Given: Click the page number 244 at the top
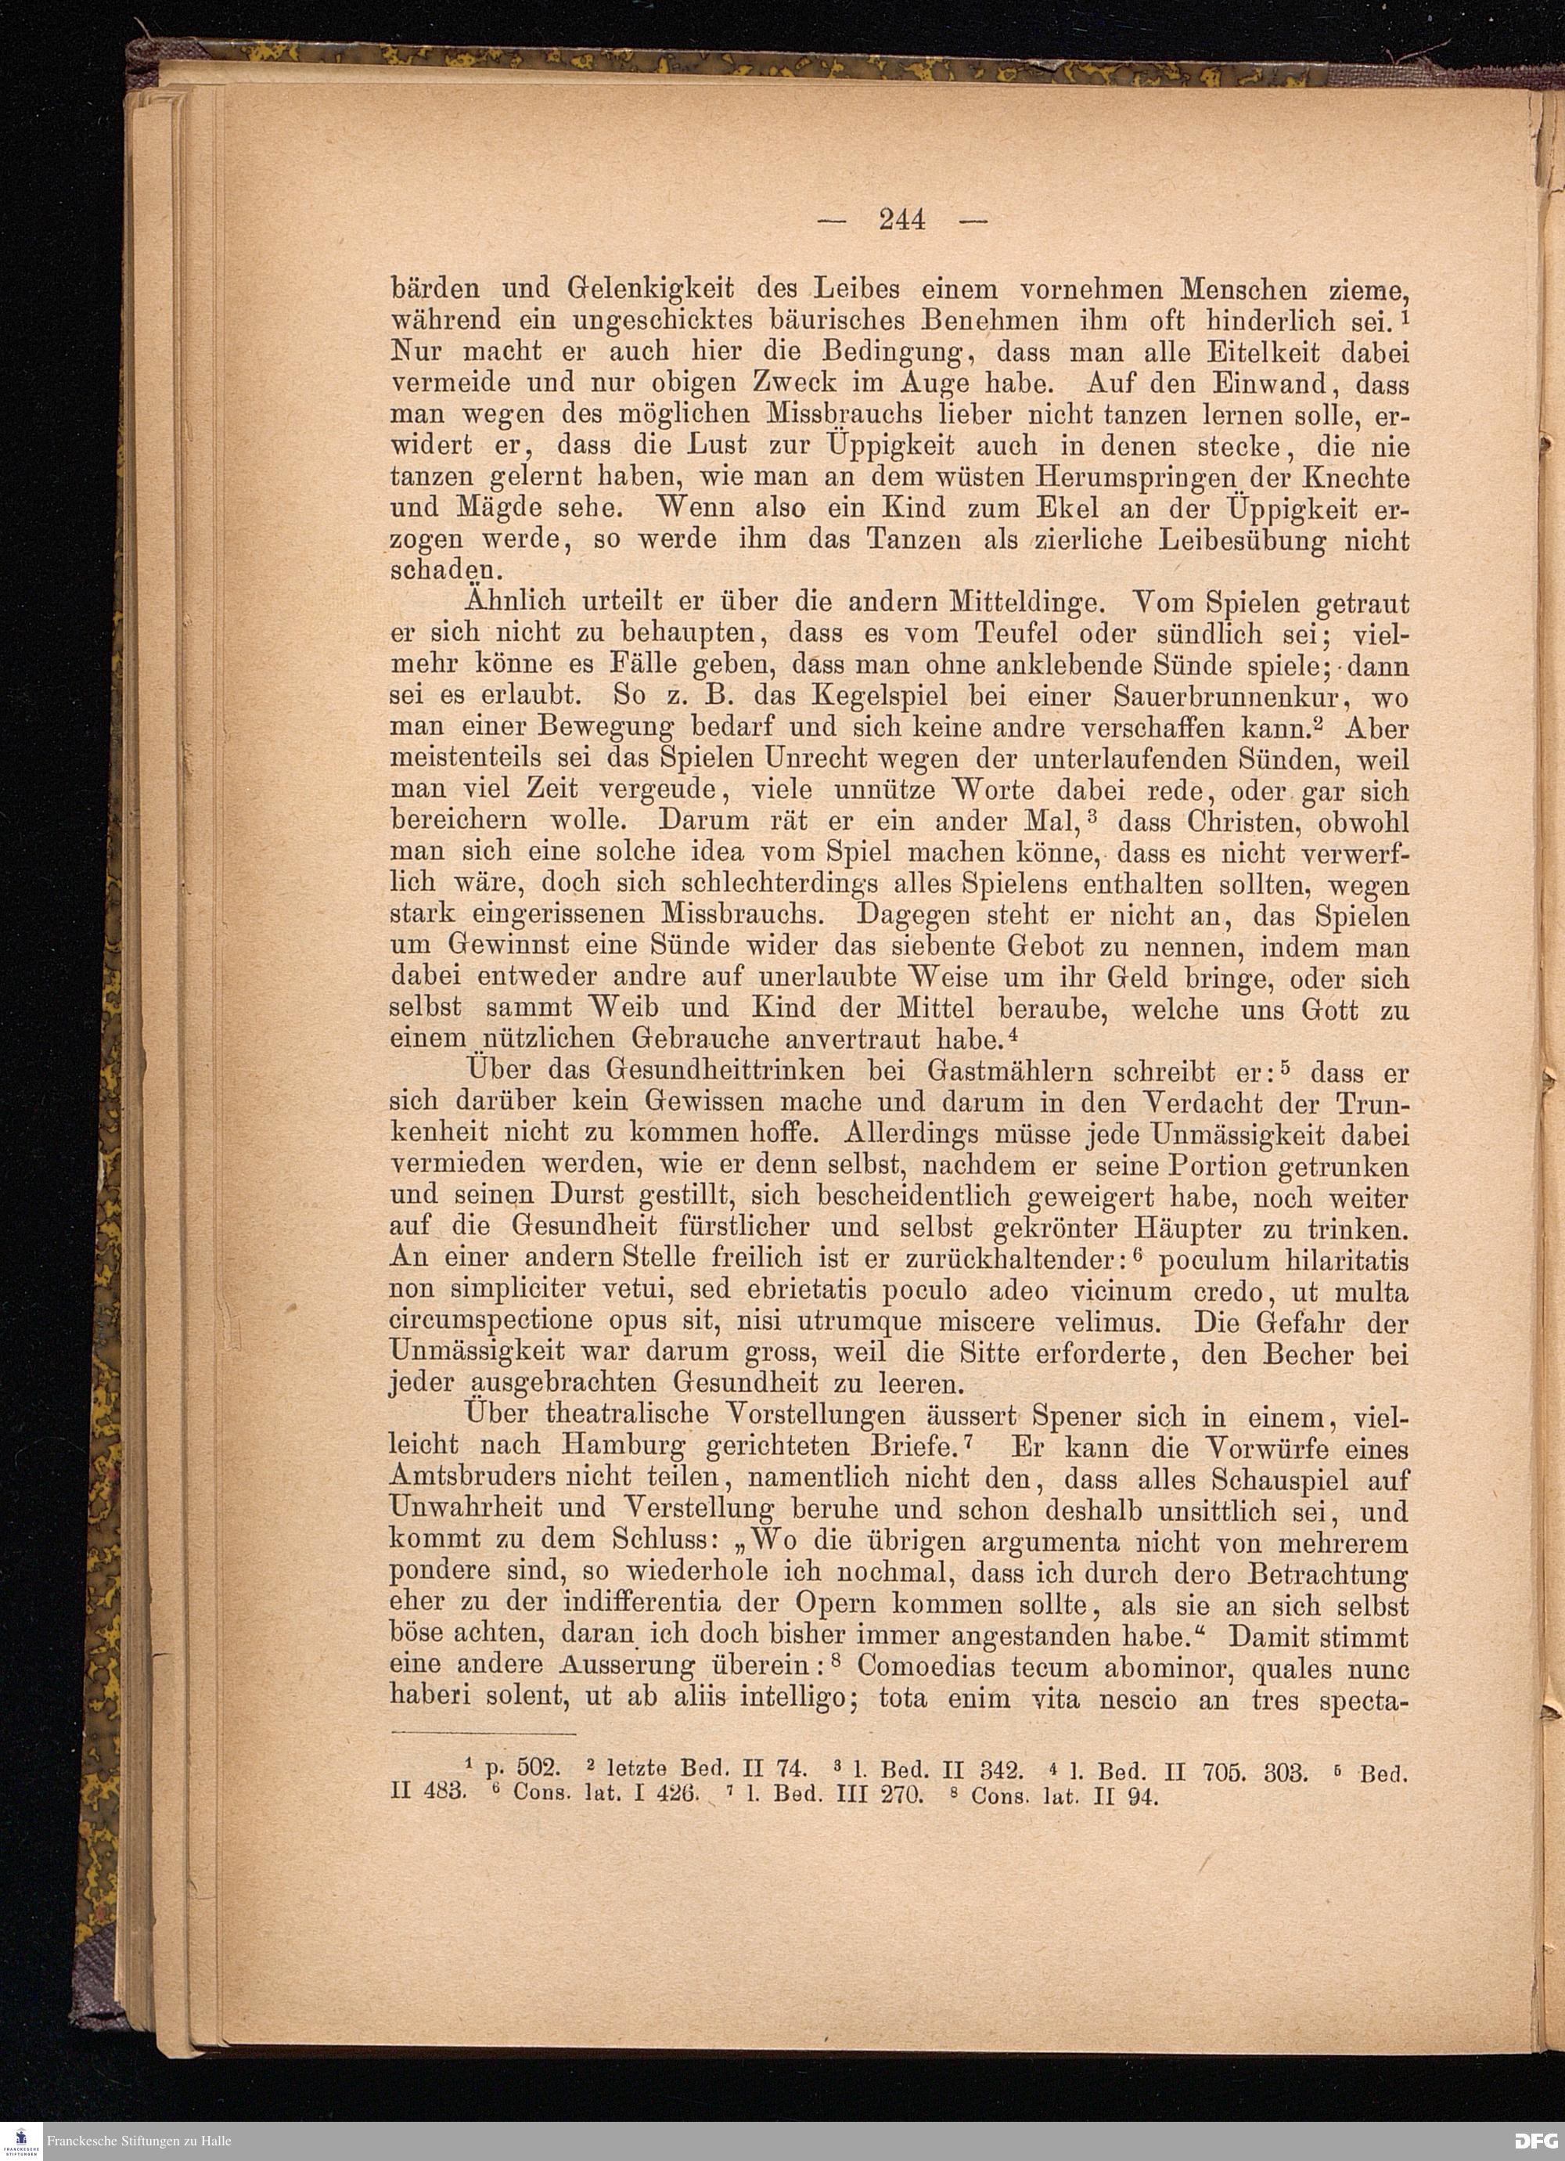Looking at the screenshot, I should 902,221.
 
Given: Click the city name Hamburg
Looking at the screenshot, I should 623,1446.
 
